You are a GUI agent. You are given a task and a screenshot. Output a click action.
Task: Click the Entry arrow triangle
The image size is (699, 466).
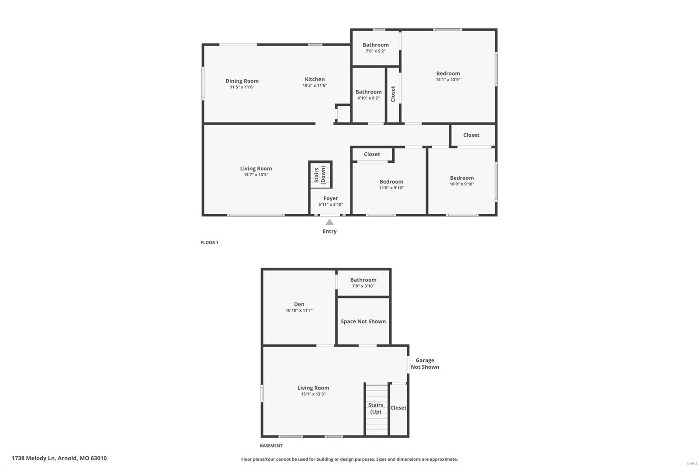point(329,223)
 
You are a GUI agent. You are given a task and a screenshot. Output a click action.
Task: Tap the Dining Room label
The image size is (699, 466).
point(242,81)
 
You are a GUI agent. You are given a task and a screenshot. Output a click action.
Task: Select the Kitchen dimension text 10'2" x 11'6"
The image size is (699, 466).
point(315,86)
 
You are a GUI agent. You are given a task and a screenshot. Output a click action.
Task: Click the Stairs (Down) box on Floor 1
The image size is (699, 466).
point(320,174)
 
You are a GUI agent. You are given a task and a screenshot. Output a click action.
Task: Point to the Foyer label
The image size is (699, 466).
point(331,198)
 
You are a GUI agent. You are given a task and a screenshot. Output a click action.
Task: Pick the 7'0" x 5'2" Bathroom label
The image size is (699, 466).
point(375,45)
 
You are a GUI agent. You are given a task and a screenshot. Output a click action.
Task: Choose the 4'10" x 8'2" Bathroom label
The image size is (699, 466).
point(368,92)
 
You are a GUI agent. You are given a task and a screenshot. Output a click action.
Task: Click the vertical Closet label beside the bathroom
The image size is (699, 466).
point(393,94)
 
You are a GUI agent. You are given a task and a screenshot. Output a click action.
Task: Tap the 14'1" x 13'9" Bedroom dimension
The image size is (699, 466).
point(448,80)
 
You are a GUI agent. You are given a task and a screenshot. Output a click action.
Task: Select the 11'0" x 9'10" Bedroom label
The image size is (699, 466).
point(391,182)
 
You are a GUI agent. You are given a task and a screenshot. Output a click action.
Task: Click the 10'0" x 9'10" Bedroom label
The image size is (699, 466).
point(462,178)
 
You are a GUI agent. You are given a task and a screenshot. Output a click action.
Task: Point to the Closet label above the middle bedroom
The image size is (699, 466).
point(372,154)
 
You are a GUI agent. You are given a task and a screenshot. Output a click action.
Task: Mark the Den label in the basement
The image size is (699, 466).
point(299,304)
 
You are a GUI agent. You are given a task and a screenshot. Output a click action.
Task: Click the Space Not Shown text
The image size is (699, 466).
point(363,321)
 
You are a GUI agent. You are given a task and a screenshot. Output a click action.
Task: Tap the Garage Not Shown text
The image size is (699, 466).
point(425,364)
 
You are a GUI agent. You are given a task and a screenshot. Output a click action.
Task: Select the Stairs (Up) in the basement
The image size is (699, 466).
point(376,408)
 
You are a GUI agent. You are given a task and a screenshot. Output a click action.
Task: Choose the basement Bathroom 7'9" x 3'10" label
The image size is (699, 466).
point(363,280)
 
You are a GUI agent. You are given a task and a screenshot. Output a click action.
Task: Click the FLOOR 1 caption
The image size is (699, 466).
point(209,243)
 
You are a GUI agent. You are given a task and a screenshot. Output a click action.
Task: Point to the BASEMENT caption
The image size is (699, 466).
point(271,446)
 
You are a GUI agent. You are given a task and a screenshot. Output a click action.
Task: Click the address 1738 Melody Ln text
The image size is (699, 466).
point(59,458)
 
